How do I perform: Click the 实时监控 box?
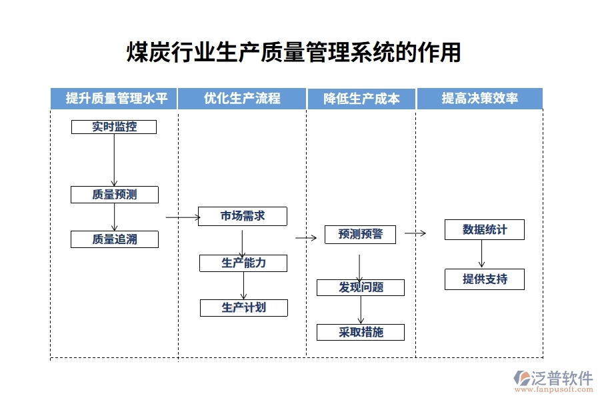(x=114, y=127)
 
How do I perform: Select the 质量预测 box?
(x=115, y=195)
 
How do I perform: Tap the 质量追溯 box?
(x=115, y=239)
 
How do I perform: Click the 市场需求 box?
(x=243, y=216)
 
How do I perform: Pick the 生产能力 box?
(x=243, y=263)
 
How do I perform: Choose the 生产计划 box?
(x=243, y=307)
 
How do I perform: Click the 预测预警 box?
(x=360, y=234)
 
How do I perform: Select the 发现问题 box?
(x=361, y=287)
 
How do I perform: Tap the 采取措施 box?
(x=361, y=332)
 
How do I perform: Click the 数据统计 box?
(x=485, y=229)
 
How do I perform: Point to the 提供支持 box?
(x=485, y=279)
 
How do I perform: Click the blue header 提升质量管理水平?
(x=114, y=99)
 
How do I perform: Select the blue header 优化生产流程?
(x=242, y=99)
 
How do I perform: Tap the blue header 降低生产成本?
(x=361, y=99)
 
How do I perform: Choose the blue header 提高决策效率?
(x=480, y=99)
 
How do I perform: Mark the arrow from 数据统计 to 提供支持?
(x=481, y=254)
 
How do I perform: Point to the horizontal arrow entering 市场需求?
(x=182, y=217)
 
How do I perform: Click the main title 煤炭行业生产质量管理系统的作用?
(x=294, y=52)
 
